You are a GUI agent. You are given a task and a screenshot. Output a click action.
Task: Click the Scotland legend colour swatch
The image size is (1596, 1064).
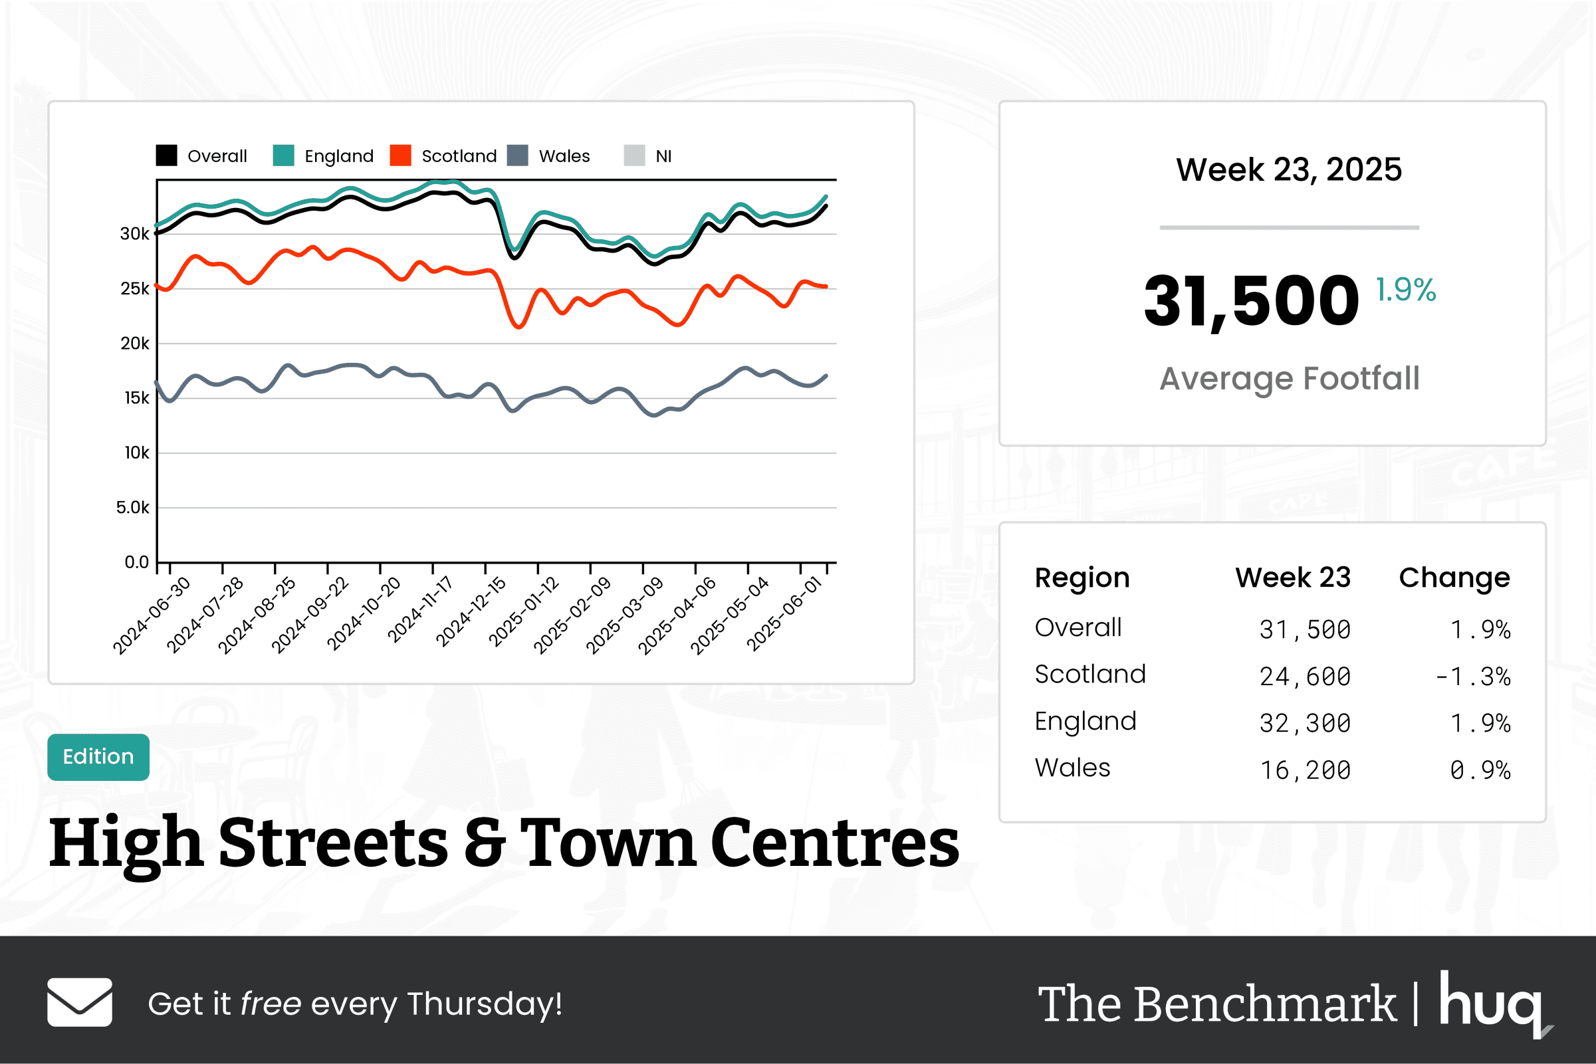point(400,156)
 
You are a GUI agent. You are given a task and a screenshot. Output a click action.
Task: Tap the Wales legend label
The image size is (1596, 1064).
point(564,156)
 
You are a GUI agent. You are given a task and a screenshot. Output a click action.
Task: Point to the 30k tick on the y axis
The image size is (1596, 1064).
point(134,234)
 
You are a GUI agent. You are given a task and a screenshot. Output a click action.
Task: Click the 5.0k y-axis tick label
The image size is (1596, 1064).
point(132,508)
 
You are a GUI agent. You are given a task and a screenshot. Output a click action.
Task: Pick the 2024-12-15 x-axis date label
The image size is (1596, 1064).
point(471,611)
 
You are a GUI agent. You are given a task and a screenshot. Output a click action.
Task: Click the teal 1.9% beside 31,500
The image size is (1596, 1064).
point(1405,290)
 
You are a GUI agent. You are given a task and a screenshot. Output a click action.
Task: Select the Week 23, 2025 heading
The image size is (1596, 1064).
point(1289,169)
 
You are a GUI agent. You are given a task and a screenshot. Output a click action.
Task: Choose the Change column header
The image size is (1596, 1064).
point(1454,578)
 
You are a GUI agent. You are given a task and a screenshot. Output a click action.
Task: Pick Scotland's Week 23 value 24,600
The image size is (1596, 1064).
point(1305,677)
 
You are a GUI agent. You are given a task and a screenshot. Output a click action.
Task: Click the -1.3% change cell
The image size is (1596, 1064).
point(1472,677)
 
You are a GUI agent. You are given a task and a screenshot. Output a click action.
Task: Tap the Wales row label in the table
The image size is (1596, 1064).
point(1072,768)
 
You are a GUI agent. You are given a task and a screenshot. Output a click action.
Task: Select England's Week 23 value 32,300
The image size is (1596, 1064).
point(1305,723)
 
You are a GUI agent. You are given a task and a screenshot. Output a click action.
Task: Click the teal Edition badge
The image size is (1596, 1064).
point(98,756)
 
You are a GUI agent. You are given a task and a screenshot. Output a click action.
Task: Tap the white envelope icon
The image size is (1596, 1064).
point(79,1002)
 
